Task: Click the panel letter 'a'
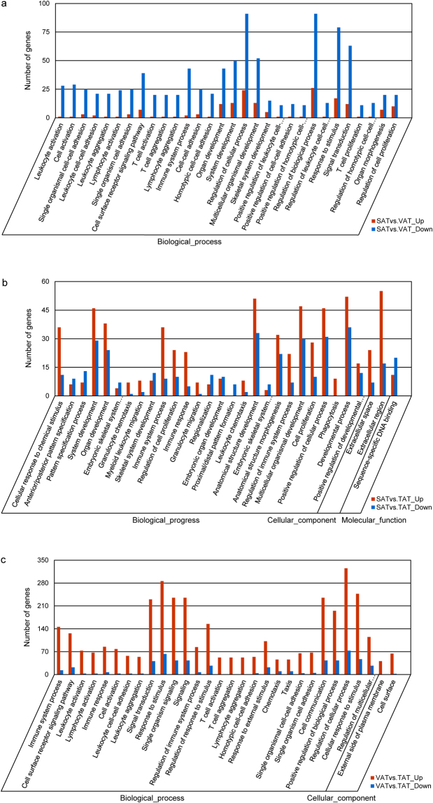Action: [6, 6]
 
